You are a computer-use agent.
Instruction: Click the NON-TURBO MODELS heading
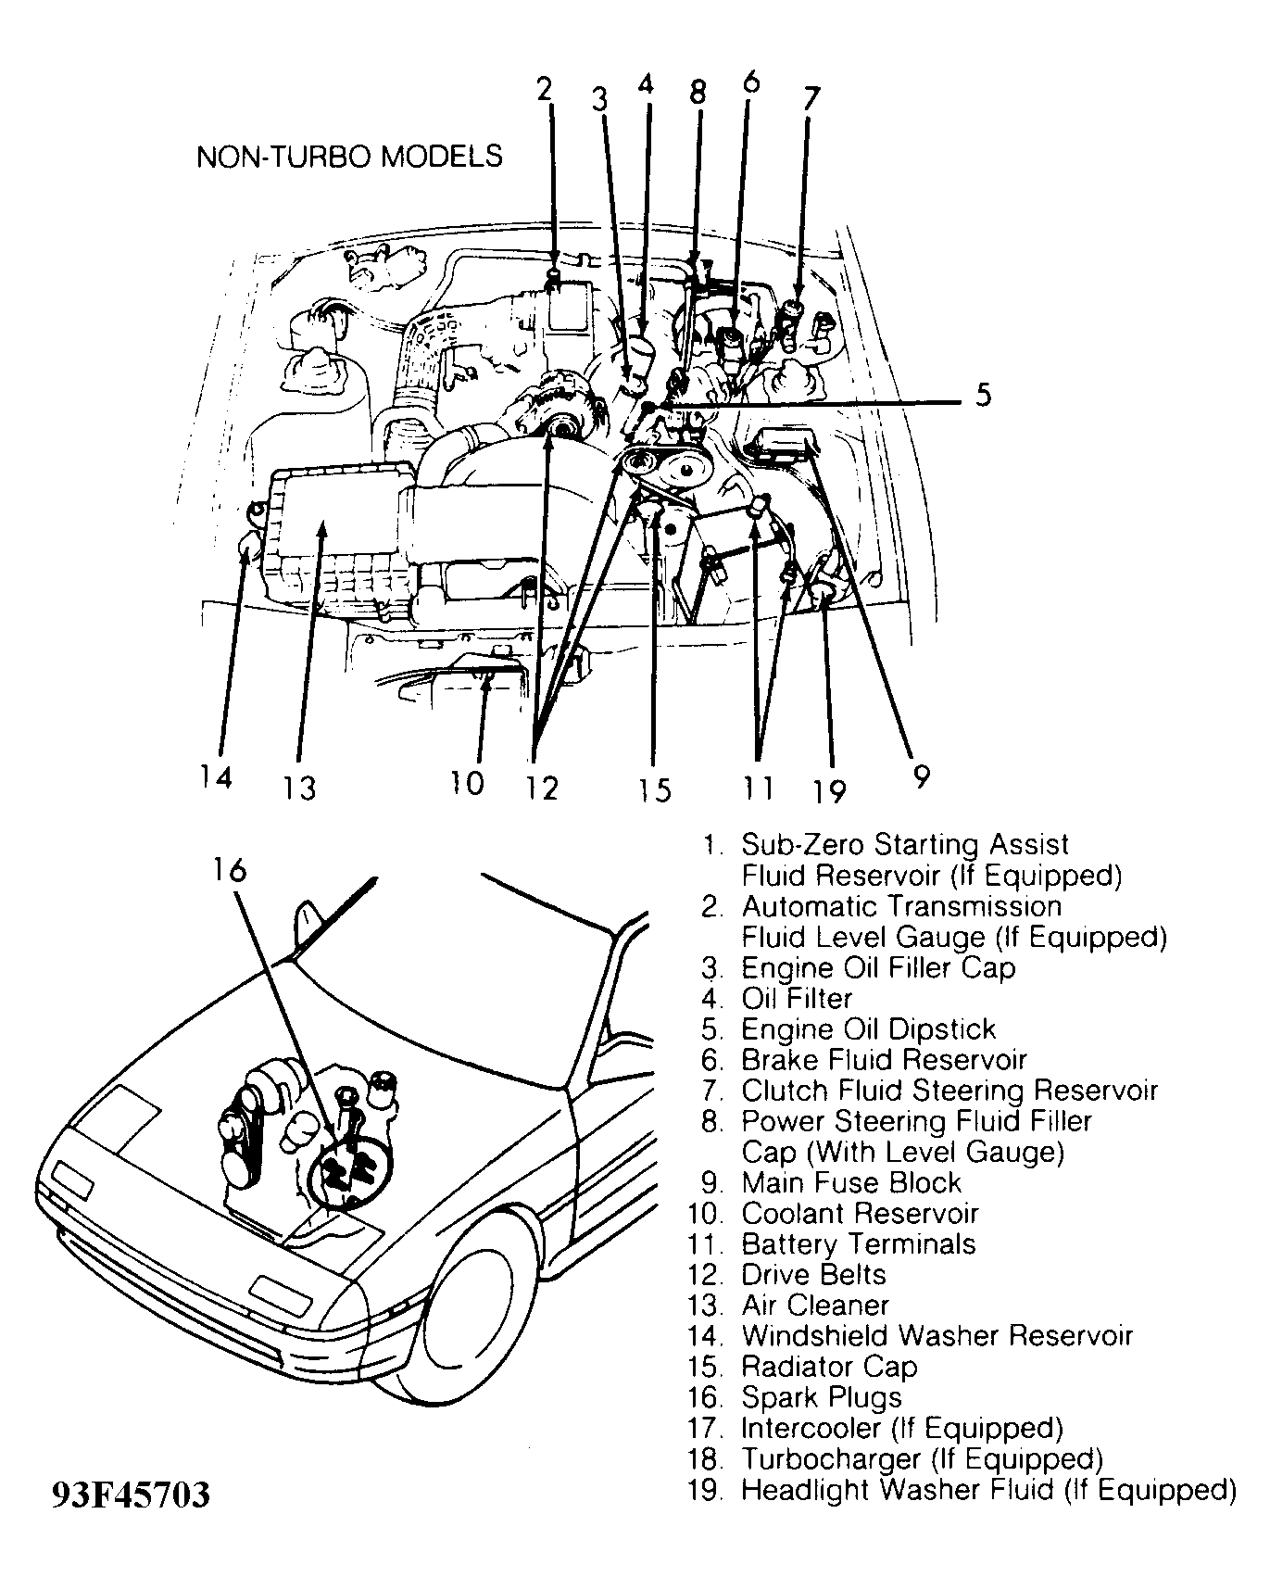coord(349,156)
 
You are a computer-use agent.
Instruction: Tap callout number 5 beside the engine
coord(983,395)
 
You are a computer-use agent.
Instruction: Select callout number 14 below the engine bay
coord(215,776)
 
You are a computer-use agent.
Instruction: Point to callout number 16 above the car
coord(229,869)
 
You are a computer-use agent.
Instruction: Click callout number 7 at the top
coord(811,98)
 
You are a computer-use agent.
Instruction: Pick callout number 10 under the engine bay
coord(468,783)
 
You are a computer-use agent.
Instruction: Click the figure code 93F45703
coord(131,1495)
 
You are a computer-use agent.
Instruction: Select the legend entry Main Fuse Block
coord(851,1183)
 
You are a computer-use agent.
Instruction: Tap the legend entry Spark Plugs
coord(821,1397)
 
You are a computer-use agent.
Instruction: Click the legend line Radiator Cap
coord(828,1367)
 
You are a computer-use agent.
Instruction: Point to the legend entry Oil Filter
coord(797,999)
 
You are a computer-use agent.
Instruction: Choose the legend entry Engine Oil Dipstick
coord(868,1029)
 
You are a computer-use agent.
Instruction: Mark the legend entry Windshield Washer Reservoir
coord(937,1336)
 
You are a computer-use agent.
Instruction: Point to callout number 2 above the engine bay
coord(545,88)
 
